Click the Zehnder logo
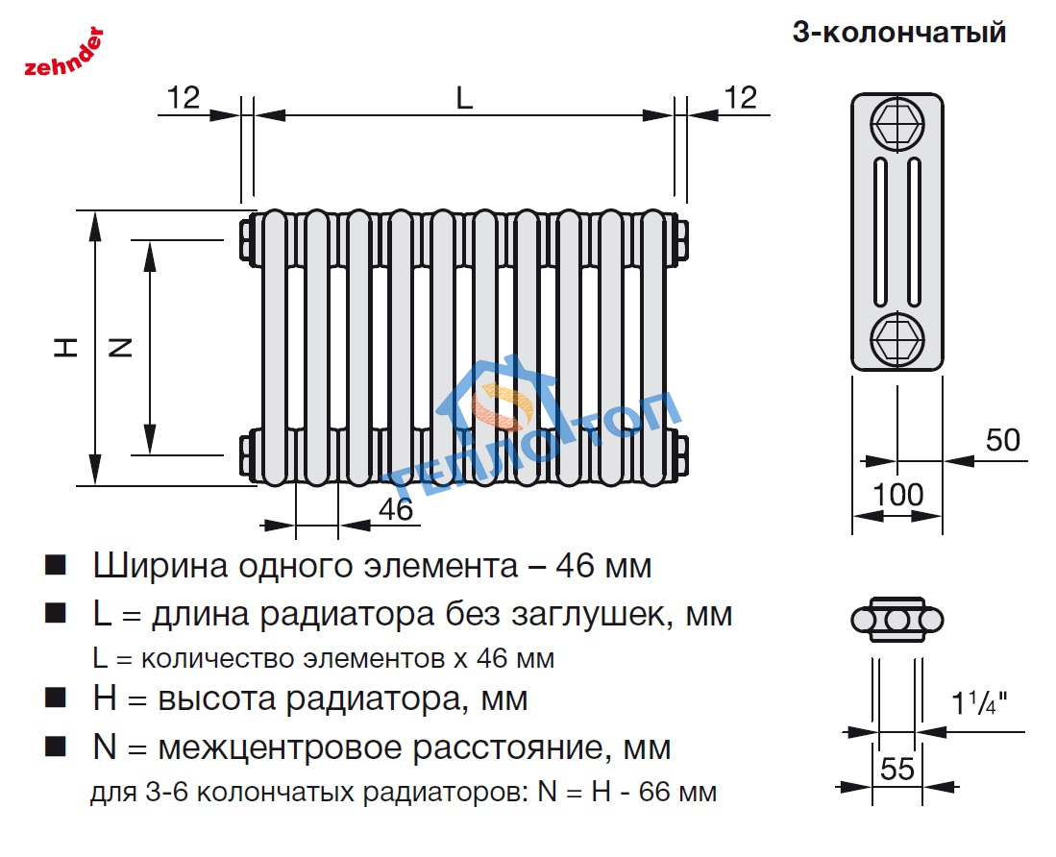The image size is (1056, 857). pos(62,54)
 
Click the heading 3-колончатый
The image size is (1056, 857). pos(898,32)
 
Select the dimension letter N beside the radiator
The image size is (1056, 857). pos(120,348)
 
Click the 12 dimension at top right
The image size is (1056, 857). pos(741,97)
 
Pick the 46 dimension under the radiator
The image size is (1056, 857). pos(395,509)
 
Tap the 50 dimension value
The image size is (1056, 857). pos(1002,440)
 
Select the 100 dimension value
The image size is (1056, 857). pos(897,496)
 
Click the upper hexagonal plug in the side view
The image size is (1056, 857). pos(896,123)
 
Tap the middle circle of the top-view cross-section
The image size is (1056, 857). pos(897,621)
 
